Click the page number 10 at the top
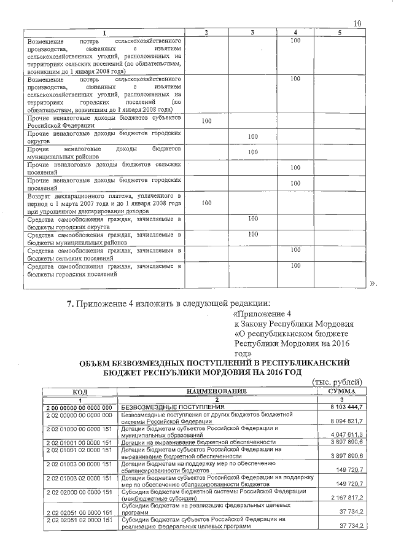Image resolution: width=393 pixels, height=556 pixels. (358, 23)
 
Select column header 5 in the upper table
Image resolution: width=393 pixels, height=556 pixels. (340, 32)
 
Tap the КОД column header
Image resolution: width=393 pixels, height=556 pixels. (79, 391)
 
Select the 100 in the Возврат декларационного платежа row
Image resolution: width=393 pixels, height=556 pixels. (207, 202)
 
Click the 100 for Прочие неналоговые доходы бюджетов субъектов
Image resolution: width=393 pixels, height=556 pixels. (207, 121)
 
